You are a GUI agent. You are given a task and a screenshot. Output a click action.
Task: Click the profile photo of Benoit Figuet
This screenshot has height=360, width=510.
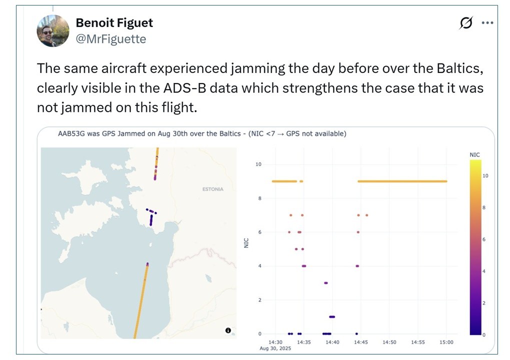53,31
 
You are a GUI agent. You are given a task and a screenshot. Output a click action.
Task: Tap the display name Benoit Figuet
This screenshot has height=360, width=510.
114,23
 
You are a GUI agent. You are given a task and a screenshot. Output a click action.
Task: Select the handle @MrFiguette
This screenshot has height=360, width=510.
110,39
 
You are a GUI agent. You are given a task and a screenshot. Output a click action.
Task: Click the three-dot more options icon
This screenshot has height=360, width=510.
487,23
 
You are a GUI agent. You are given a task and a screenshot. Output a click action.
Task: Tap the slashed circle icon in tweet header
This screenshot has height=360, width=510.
466,23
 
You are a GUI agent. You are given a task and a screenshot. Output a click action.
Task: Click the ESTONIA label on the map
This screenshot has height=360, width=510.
212,189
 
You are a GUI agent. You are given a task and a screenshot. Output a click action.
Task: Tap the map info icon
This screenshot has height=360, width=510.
228,330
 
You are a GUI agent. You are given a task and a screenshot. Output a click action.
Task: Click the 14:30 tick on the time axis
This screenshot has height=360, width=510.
275,342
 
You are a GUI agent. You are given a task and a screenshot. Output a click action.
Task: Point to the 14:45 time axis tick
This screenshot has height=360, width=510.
360,342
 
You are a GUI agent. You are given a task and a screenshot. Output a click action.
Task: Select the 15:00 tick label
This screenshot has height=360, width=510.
446,342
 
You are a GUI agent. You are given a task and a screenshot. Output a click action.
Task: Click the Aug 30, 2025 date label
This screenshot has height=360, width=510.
274,348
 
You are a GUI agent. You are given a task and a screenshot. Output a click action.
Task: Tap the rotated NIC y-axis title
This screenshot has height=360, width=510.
246,243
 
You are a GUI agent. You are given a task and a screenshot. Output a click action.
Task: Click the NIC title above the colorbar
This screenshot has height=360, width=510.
474,155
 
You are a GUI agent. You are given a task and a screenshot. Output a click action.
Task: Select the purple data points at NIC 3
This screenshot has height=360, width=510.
325,283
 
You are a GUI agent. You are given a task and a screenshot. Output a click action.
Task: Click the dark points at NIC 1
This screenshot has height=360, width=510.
332,317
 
